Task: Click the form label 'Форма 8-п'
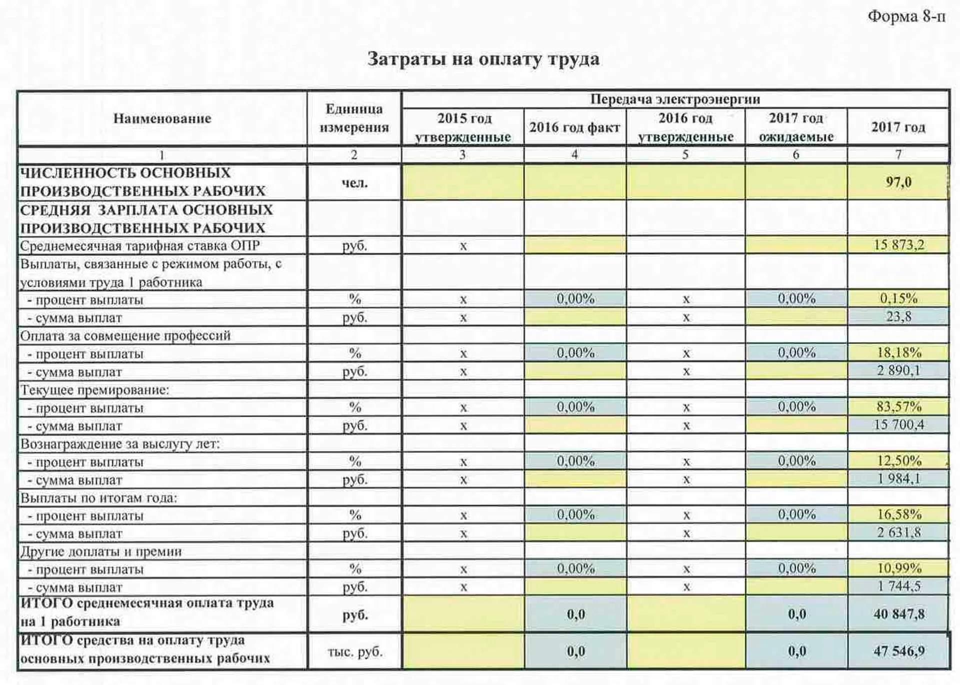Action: (906, 16)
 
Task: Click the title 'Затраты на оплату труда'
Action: (483, 59)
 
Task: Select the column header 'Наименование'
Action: (162, 118)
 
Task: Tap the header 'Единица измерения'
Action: (354, 118)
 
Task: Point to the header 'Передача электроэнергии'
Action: (675, 99)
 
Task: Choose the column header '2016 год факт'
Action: (574, 127)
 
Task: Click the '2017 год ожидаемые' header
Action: (796, 127)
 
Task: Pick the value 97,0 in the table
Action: (898, 182)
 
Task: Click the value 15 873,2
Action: (898, 245)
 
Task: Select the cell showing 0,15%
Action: (898, 298)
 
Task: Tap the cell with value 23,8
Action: (898, 316)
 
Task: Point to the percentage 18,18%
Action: (898, 353)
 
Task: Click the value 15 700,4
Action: (898, 425)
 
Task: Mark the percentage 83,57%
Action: (898, 407)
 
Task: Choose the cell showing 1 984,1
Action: (898, 479)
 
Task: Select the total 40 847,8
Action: (898, 614)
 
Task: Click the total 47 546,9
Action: (898, 651)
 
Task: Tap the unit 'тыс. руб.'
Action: (354, 652)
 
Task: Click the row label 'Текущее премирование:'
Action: (94, 390)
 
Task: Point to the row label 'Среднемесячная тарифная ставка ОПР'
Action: (140, 246)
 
